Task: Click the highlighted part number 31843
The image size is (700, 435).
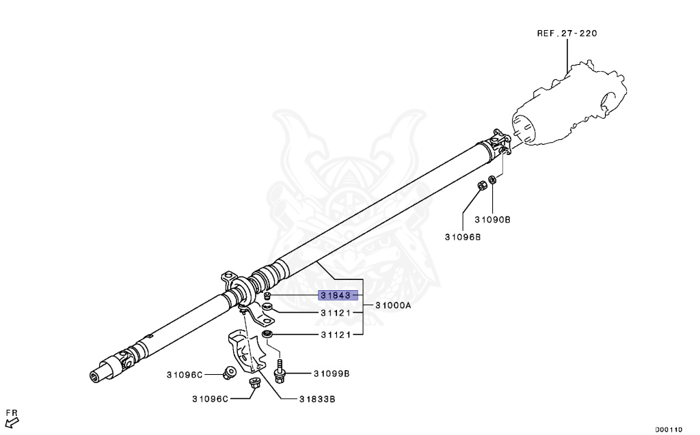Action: (335, 296)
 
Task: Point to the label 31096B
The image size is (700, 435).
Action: (463, 237)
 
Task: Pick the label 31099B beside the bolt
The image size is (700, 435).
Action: (332, 374)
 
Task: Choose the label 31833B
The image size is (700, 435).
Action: (316, 399)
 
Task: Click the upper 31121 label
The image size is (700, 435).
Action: (336, 313)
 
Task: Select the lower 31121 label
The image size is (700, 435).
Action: (336, 335)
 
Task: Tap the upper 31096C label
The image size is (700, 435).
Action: (185, 374)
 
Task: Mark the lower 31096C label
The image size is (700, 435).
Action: (210, 399)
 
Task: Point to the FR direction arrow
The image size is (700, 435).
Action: (11, 421)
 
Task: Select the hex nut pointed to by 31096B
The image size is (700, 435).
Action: (481, 184)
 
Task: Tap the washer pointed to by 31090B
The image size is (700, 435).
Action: (493, 180)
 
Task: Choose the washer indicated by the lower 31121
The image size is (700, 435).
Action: (267, 334)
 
